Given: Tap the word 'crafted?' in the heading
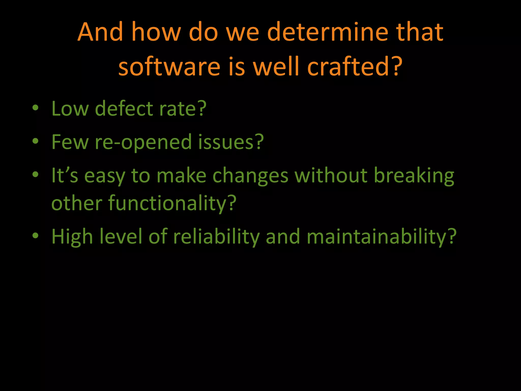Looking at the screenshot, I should [355, 67].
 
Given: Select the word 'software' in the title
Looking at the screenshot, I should [169, 67].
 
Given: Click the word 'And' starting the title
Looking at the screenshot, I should [100, 32].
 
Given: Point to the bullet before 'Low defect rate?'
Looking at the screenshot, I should [35, 108].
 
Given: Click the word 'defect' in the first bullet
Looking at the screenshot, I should [124, 108].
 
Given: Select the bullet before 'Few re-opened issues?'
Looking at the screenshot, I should [35, 141].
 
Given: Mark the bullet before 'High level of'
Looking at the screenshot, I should [35, 236].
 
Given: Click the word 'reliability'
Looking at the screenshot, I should [216, 237].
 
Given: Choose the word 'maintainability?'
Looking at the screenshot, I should [381, 237].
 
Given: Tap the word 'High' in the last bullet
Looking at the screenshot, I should [72, 237].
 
